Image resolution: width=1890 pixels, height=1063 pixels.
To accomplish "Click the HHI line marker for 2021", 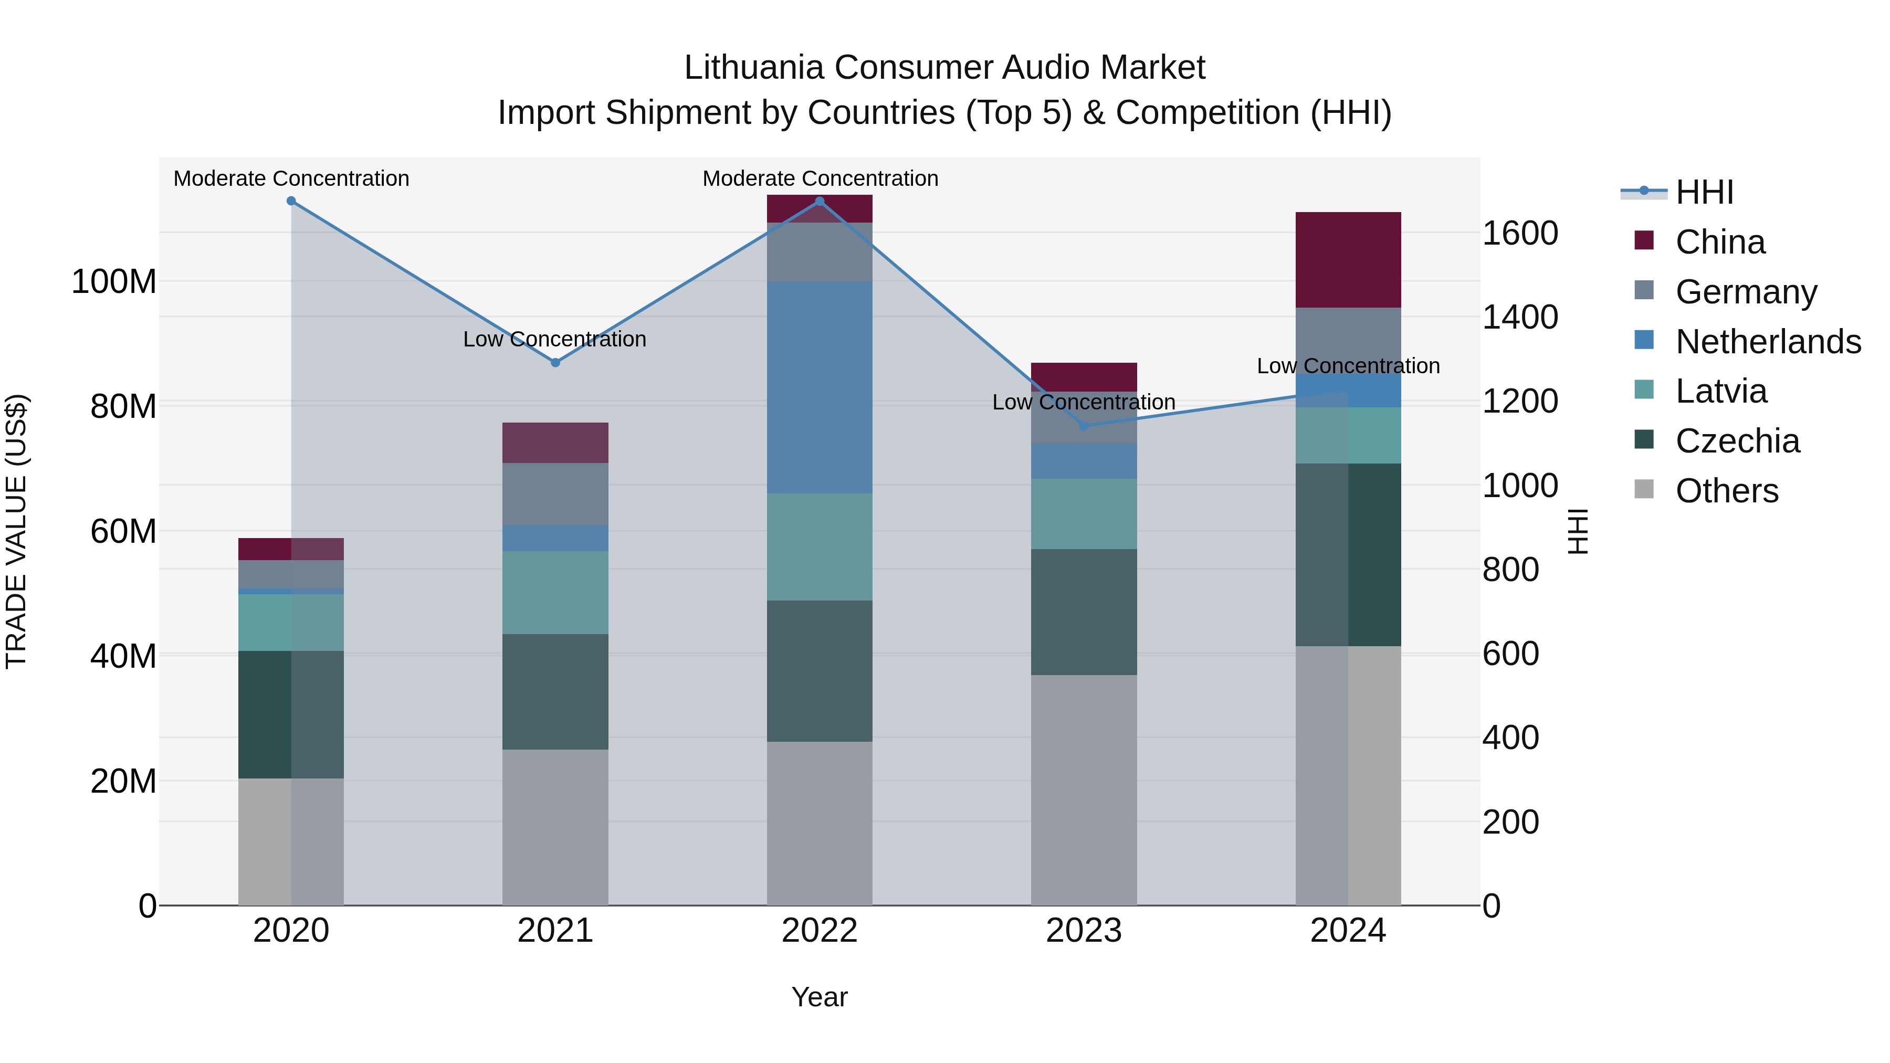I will coord(555,362).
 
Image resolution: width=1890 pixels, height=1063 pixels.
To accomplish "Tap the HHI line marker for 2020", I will coord(291,201).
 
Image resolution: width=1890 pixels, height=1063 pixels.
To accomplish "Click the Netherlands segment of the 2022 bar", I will coord(820,387).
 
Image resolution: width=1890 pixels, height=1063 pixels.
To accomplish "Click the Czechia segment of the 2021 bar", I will coord(555,692).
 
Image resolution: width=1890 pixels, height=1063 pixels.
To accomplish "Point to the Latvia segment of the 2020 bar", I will coord(291,622).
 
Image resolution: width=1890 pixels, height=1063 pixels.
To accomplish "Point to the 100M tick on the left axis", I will coord(114,282).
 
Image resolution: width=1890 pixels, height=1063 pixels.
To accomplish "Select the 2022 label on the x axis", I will coord(820,931).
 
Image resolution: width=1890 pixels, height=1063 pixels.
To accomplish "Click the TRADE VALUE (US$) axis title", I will coord(17,531).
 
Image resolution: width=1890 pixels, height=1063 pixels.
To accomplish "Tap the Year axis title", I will coord(820,997).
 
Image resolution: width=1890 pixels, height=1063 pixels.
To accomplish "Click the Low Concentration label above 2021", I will coord(555,339).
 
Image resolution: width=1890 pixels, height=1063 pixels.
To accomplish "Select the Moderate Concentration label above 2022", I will coord(820,178).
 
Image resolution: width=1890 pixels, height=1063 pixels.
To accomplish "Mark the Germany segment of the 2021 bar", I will coord(555,494).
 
